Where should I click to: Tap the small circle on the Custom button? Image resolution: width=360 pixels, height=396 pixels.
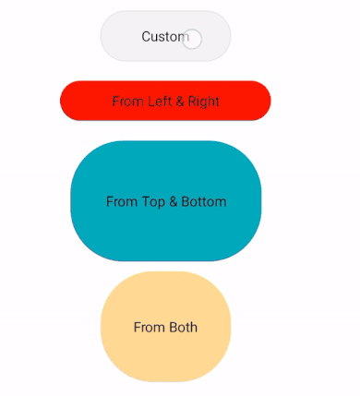192,39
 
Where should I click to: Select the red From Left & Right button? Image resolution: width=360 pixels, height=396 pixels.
165,101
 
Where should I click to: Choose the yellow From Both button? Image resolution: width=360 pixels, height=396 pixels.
165,327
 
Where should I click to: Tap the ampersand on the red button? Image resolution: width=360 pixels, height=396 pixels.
180,101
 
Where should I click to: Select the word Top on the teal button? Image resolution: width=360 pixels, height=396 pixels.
154,201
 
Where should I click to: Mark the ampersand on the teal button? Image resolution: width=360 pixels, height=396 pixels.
175,201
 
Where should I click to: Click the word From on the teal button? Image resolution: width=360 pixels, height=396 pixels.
122,201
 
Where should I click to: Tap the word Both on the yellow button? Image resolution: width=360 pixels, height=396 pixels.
183,327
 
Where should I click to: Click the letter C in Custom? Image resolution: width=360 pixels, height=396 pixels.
147,36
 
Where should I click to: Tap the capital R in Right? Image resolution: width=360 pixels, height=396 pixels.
192,101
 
